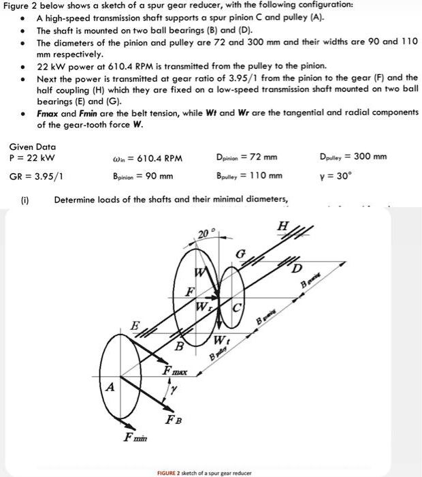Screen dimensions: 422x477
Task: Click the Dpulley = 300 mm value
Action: (x=353, y=157)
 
